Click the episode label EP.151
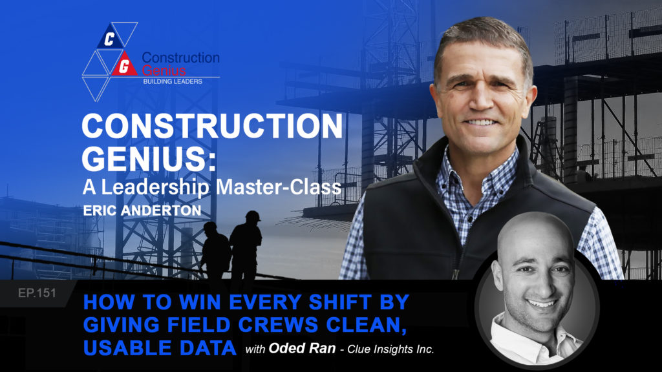(x=37, y=293)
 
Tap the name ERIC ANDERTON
(x=142, y=211)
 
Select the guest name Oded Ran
(x=303, y=348)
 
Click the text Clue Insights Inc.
(x=390, y=349)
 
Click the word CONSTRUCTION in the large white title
(x=212, y=126)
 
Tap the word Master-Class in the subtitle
(x=278, y=187)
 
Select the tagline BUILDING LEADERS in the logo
(x=173, y=81)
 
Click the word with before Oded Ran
(x=255, y=349)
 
